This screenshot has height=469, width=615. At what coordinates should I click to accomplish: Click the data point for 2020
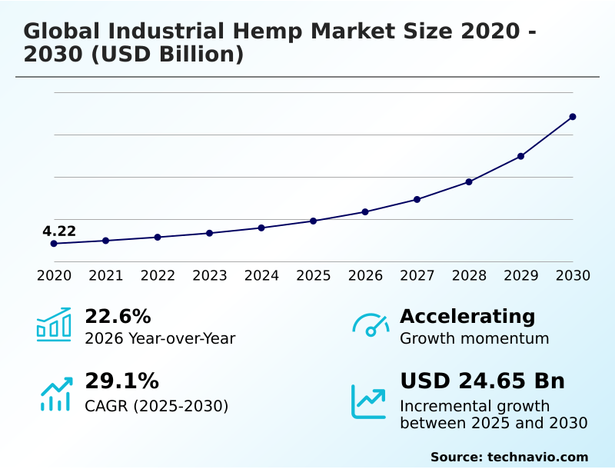coord(54,244)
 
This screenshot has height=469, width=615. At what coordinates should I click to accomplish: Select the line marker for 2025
coord(314,221)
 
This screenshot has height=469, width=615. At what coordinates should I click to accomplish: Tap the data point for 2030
coord(573,117)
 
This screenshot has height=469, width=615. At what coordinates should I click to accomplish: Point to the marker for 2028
coord(469,181)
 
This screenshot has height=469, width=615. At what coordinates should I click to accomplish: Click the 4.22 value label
coord(59,231)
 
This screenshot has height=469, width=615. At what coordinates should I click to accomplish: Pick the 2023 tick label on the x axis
coord(210,275)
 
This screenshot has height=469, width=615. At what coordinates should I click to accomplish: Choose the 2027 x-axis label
coord(417,275)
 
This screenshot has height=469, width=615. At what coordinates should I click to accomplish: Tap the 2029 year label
coord(521,275)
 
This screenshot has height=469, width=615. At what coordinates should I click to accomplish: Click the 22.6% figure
coord(118,316)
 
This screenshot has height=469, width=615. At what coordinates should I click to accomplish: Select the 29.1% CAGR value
coord(121,381)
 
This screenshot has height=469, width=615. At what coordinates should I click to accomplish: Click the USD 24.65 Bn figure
coord(482,381)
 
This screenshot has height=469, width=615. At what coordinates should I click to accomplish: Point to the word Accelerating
coord(467,316)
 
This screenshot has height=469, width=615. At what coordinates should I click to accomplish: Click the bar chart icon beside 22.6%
coord(54,324)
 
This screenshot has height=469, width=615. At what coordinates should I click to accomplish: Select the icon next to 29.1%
coord(55,394)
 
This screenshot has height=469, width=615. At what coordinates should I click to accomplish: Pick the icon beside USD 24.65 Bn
coord(369,401)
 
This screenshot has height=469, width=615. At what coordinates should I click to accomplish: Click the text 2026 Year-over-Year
coord(160,338)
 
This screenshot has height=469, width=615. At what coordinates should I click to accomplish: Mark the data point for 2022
coord(158,237)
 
